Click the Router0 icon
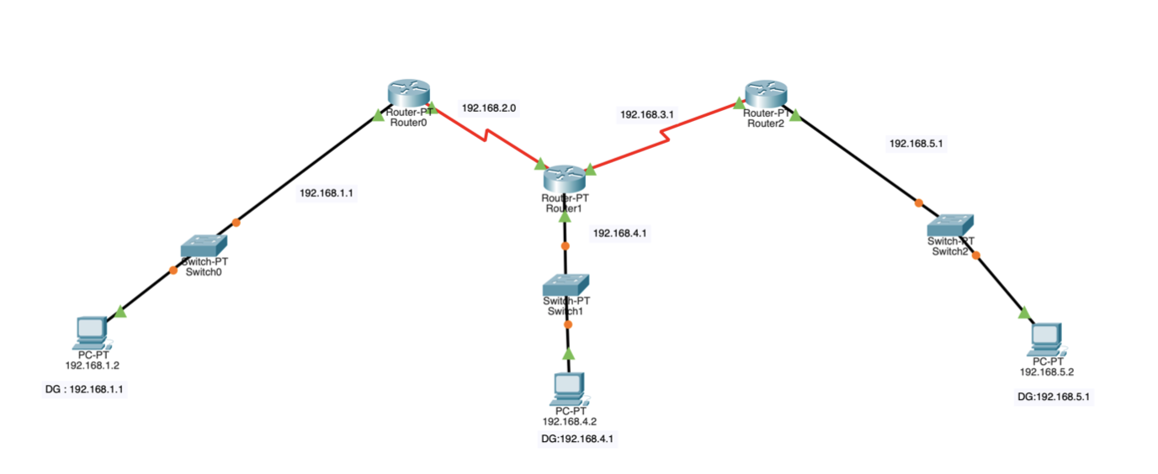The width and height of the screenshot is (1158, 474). coord(408,92)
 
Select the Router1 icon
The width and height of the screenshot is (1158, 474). coord(564,177)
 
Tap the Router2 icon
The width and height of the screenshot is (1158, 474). coord(765,92)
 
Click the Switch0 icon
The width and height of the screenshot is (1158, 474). coord(204,245)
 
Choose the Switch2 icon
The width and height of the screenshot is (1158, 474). coord(951,224)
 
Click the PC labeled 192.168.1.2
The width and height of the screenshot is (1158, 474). coord(90,332)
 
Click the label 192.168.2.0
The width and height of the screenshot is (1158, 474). coord(488,108)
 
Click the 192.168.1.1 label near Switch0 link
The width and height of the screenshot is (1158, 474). coord(326,192)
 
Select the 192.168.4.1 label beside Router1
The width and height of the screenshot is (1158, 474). coord(619,233)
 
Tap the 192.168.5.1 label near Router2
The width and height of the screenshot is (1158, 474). coord(916,144)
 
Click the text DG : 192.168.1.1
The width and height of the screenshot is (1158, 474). coord(89,390)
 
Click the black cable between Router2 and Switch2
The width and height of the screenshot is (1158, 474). coord(858,161)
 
